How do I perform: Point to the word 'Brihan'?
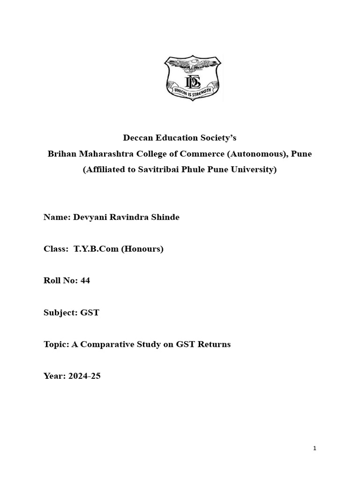pyautogui.click(x=60, y=154)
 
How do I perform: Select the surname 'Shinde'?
pyautogui.click(x=164, y=217)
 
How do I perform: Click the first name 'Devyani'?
pyautogui.click(x=90, y=217)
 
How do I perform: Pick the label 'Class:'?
pyautogui.click(x=56, y=249)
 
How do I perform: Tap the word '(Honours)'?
pyautogui.click(x=142, y=249)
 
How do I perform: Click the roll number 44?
pyautogui.click(x=85, y=281)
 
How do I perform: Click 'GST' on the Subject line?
pyautogui.click(x=90, y=313)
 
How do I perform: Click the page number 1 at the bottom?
pyautogui.click(x=315, y=449)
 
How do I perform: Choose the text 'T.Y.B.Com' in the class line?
pyautogui.click(x=96, y=249)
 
